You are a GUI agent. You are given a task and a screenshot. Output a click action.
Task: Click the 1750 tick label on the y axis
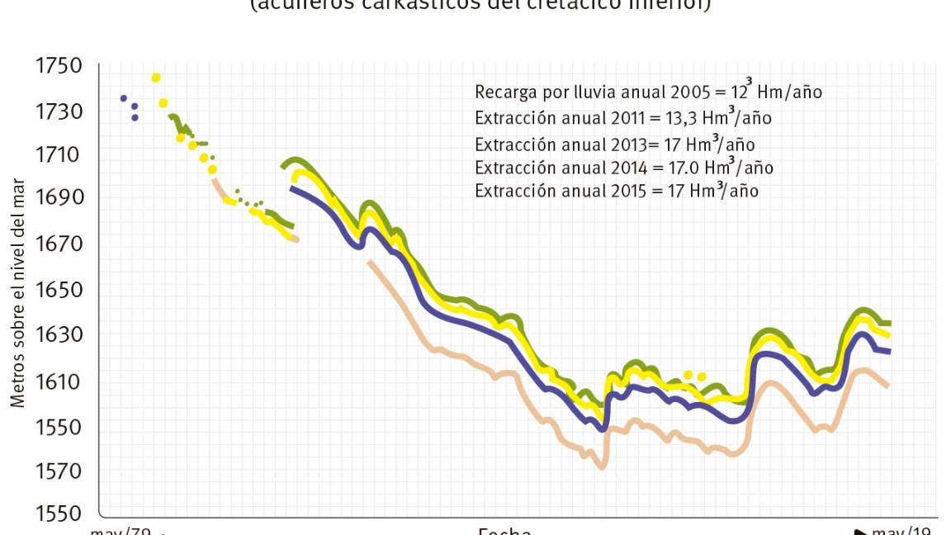click(59, 66)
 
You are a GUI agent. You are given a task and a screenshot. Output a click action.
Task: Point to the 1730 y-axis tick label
click(59, 111)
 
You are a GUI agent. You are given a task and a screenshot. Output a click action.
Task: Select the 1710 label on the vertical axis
click(59, 155)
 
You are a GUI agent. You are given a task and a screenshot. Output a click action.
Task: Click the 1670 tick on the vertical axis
click(59, 244)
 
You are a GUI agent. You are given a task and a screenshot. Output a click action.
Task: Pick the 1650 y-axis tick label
click(59, 290)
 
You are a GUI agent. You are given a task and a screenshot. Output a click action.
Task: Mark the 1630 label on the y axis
click(59, 335)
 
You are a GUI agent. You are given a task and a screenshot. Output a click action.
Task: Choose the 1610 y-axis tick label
click(59, 381)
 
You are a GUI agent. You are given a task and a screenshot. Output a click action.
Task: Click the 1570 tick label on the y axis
click(59, 471)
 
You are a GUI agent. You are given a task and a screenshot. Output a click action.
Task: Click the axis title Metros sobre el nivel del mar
click(17, 293)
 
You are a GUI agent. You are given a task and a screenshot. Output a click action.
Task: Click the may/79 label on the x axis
click(121, 530)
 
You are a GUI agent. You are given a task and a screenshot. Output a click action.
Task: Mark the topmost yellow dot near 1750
click(156, 78)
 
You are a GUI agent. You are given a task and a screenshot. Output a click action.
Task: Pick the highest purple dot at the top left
click(124, 98)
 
